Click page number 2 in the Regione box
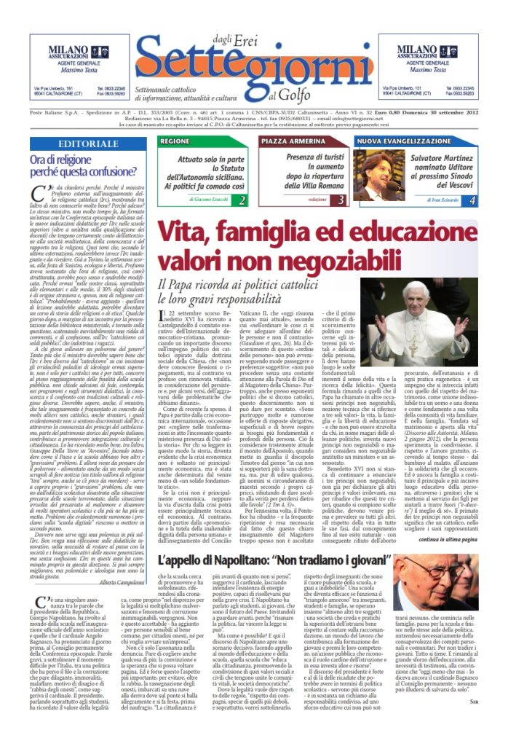pyautogui.click(x=242, y=200)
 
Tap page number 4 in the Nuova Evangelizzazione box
pyautogui.click(x=472, y=200)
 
